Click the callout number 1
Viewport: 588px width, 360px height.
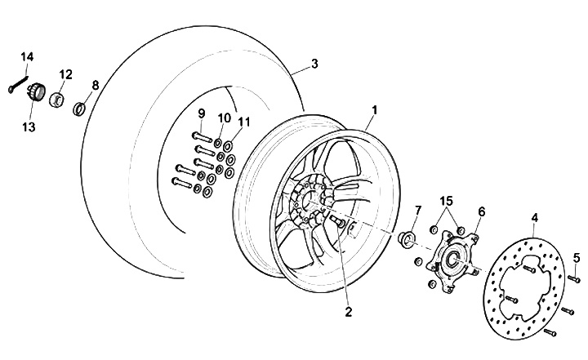click(375, 109)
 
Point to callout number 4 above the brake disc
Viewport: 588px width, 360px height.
click(535, 218)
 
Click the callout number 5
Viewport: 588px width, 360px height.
click(576, 259)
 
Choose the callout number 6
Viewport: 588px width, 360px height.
click(481, 211)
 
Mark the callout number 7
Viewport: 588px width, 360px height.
click(417, 212)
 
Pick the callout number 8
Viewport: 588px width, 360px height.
click(95, 84)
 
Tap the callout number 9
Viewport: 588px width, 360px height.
click(201, 113)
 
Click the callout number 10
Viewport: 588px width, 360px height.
click(223, 118)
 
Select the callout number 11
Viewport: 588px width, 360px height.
click(244, 122)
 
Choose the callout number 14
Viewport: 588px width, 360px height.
click(28, 56)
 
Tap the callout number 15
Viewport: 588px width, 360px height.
click(447, 201)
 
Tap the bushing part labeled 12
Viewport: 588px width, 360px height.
click(56, 100)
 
